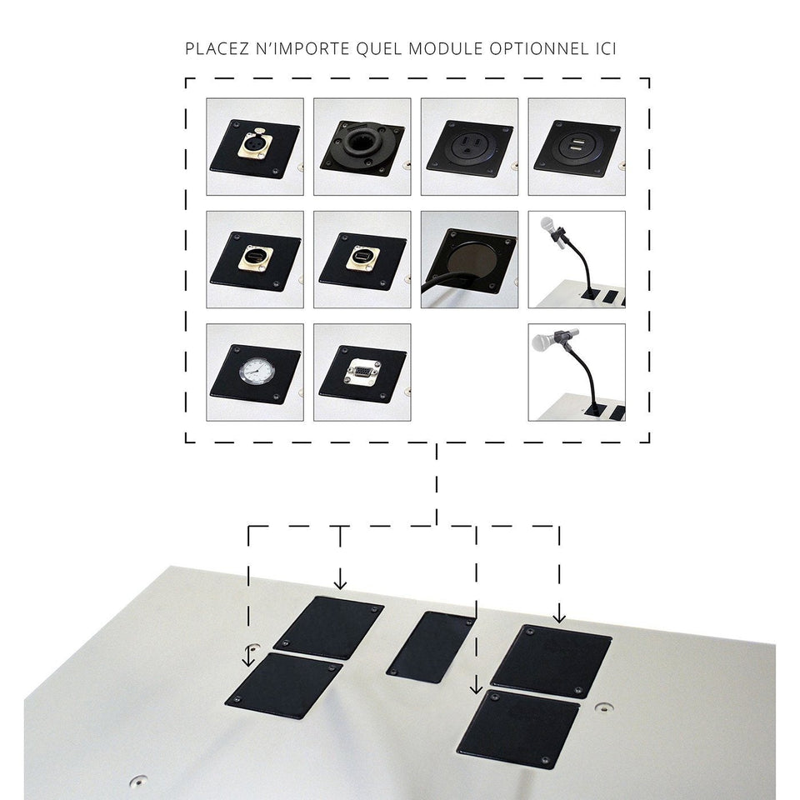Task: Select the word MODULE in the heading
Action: coord(445,49)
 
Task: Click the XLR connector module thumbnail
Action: coord(255,147)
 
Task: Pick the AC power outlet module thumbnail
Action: coord(469,147)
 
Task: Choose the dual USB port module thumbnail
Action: coord(577,147)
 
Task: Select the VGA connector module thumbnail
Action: coord(362,372)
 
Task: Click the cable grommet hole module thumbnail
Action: coord(469,260)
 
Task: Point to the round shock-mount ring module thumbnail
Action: coord(362,147)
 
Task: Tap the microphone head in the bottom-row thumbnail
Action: coord(542,340)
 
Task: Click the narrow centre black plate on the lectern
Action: coord(432,647)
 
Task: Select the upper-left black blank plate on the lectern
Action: coord(328,627)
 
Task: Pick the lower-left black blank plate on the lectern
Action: coord(284,686)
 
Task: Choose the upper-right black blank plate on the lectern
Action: coord(552,661)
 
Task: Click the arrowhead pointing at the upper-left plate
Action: coord(340,583)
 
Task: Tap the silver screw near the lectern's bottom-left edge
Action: coord(137,780)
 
